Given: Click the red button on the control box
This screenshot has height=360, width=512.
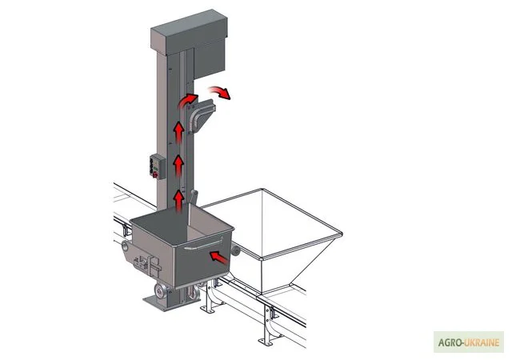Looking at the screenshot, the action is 155,175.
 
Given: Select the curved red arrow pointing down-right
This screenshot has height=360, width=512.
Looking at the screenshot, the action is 220,93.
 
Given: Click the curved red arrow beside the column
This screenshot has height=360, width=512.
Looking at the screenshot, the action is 188,100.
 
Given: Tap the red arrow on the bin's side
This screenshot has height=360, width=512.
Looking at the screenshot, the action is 218,257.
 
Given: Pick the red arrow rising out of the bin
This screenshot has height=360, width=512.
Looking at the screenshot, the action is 178,202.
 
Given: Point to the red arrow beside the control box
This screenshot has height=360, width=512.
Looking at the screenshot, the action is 178,166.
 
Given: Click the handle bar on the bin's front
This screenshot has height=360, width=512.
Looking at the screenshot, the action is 203,244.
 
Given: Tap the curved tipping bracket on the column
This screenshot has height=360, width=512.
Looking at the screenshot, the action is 200,117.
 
